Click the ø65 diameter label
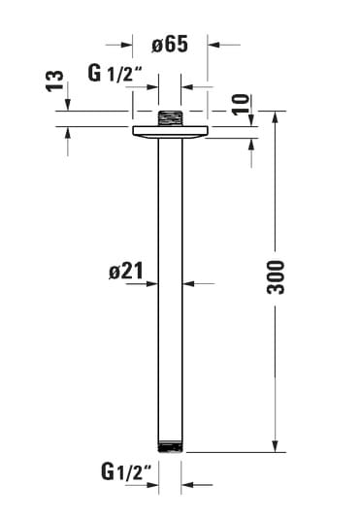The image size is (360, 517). point(170,44)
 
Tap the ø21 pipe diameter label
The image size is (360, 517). point(126,271)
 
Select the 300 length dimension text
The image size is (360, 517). point(276,277)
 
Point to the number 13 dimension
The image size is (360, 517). point(54,81)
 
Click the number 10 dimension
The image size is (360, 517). point(241,105)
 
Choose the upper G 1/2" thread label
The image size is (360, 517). point(115,73)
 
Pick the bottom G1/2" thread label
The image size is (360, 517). point(126,471)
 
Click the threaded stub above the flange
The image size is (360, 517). point(170,118)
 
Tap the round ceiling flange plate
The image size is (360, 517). point(170,132)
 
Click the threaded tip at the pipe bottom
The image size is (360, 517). point(170,446)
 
